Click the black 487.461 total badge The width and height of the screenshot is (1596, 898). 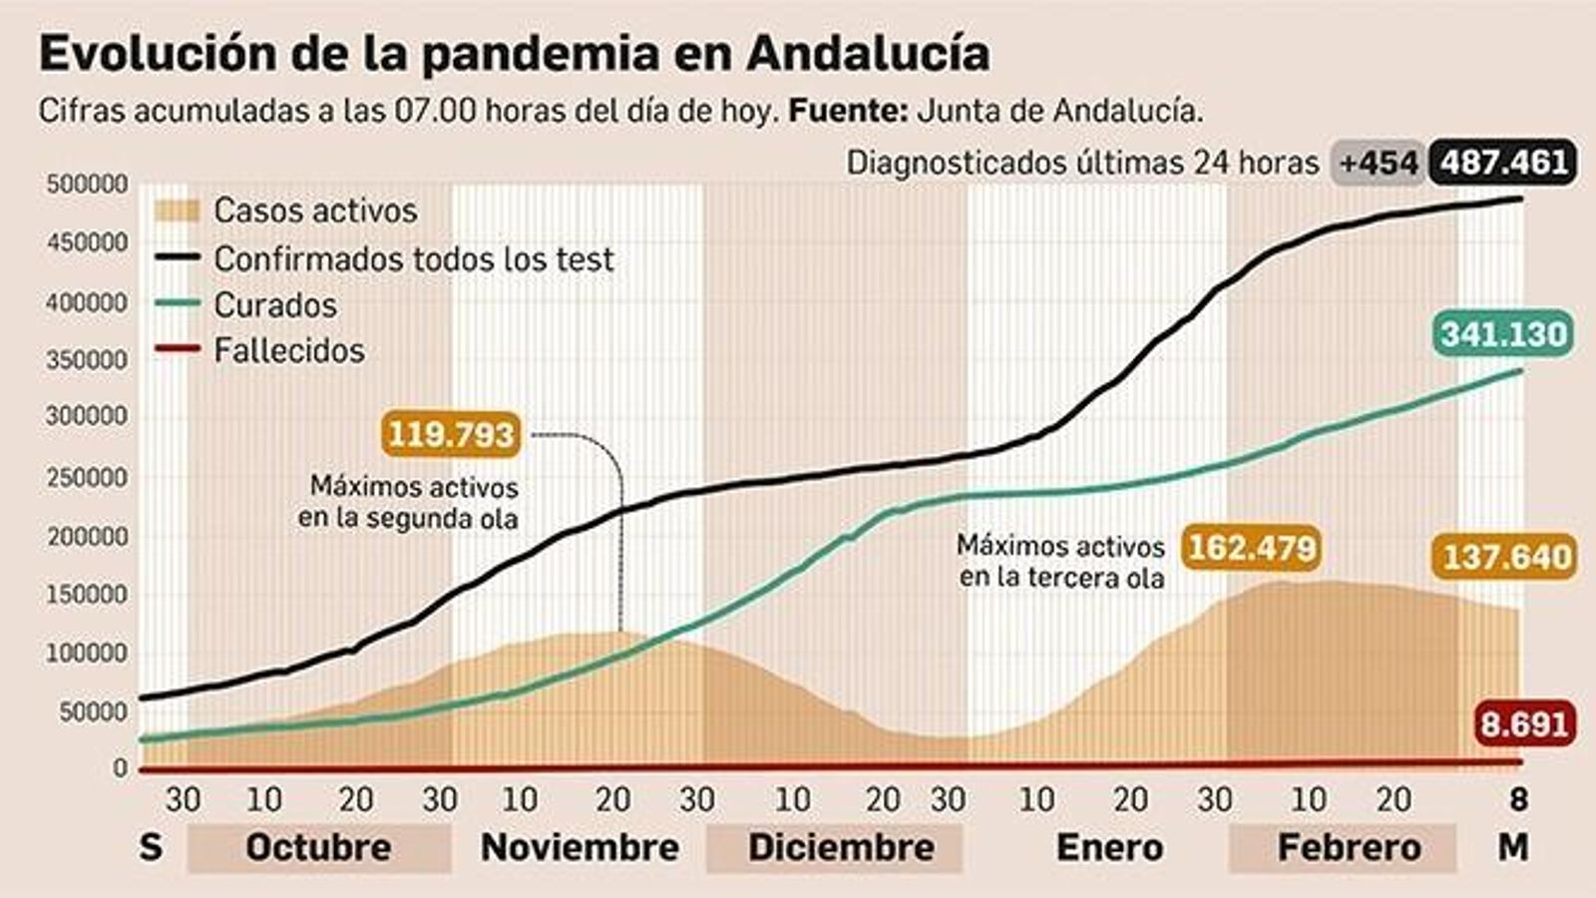point(1503,162)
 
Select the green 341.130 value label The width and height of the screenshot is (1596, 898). point(1504,333)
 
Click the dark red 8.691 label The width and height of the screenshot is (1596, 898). point(1525,722)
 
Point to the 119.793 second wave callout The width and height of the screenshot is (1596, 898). point(451,434)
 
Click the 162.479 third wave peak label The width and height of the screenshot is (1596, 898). point(1251,548)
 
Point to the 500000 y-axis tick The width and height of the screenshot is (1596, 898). point(87,185)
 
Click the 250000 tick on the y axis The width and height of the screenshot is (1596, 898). point(87,478)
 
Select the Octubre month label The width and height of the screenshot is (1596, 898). point(318,847)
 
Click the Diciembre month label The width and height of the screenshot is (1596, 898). point(841,847)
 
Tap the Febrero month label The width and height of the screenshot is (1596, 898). point(1349,847)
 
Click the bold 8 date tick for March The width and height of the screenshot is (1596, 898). point(1518,799)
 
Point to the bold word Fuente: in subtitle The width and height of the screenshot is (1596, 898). point(848,111)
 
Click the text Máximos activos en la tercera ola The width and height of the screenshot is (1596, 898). point(1060,562)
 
